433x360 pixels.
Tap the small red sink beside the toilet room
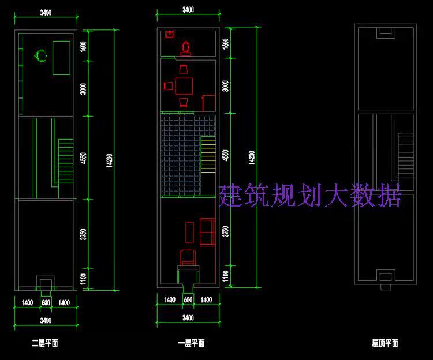pos(170,34)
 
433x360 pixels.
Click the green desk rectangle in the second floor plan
pos(62,58)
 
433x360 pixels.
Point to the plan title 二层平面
pos(45,343)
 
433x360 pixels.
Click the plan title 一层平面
pos(191,343)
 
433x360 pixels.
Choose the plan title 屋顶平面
pos(385,343)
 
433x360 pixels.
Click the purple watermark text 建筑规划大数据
pos(309,196)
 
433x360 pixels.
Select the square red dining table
pos(184,86)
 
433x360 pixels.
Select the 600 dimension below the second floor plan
pos(46,302)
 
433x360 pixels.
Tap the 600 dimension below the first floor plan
pos(188,300)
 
